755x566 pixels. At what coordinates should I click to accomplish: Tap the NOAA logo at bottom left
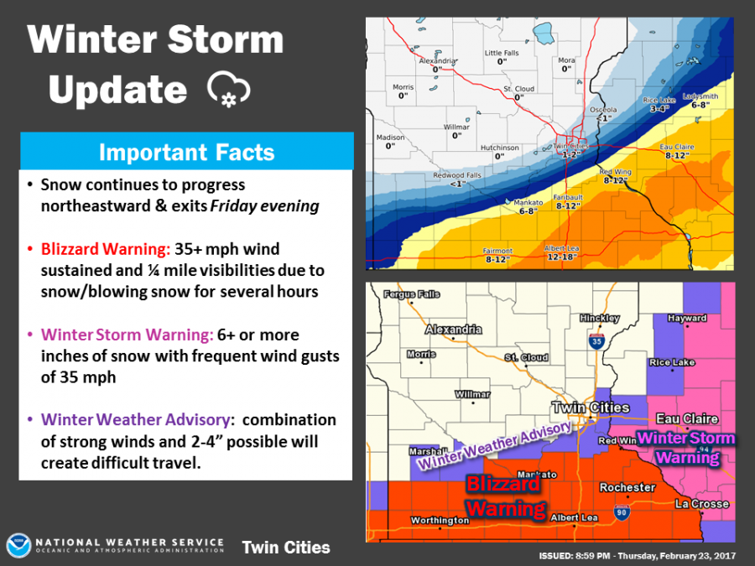click(19, 547)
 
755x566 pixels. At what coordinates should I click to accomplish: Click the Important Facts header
click(186, 152)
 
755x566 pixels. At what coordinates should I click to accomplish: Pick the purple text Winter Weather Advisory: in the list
click(138, 419)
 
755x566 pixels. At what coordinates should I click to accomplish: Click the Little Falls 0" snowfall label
click(503, 57)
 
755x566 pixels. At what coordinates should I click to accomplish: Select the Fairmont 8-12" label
click(498, 255)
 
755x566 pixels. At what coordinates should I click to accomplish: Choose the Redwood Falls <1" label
click(456, 179)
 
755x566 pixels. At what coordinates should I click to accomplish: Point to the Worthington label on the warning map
click(440, 521)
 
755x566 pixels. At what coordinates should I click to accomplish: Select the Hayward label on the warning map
click(686, 318)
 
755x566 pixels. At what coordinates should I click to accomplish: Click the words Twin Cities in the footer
click(285, 548)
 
